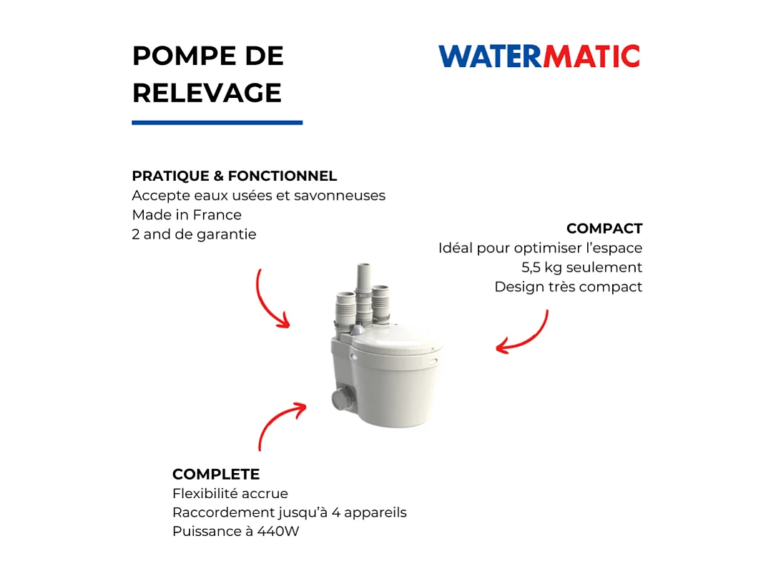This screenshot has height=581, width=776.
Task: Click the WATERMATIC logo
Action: click(x=539, y=56)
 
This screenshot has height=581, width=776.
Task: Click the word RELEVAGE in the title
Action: click(x=207, y=93)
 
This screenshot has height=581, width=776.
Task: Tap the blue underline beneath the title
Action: click(x=217, y=122)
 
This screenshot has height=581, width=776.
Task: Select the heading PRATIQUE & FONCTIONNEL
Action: click(x=234, y=176)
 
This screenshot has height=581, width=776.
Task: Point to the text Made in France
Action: click(x=187, y=214)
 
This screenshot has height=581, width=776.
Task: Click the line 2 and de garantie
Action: click(x=194, y=234)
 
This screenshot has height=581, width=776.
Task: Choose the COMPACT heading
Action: click(x=604, y=229)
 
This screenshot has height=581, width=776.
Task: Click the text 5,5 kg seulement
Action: click(x=581, y=267)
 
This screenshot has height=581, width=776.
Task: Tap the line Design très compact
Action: click(x=568, y=287)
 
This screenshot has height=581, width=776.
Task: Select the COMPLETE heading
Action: click(x=215, y=474)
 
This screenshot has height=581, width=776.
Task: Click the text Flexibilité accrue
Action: click(x=230, y=493)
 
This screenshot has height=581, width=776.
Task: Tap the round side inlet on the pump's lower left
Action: click(x=339, y=399)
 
